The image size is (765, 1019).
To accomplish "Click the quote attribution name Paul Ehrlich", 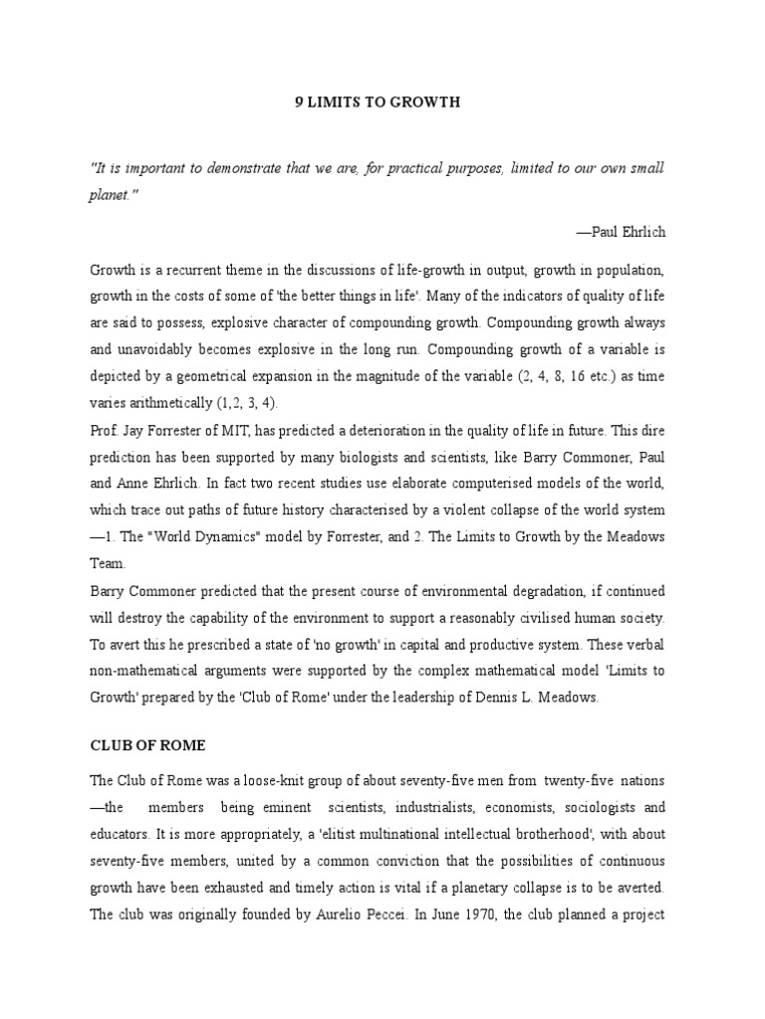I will [x=627, y=232].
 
